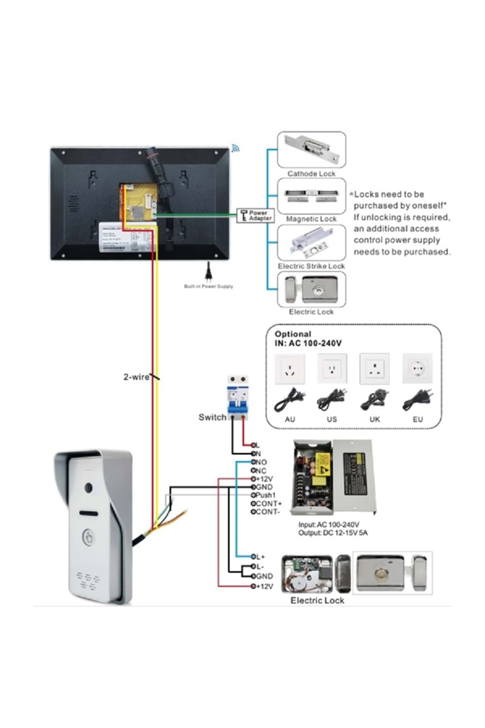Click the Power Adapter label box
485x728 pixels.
click(x=256, y=215)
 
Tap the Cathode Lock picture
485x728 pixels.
click(x=311, y=149)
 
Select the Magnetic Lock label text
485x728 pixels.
click(x=311, y=219)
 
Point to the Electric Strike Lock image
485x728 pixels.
click(x=311, y=243)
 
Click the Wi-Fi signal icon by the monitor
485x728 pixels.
click(x=236, y=148)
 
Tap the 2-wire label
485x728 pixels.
click(x=136, y=377)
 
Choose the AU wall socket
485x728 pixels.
click(x=290, y=369)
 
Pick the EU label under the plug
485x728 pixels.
click(x=418, y=419)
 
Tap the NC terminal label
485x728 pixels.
click(x=261, y=471)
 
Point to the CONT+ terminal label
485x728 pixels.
click(x=268, y=504)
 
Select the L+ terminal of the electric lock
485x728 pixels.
click(x=260, y=557)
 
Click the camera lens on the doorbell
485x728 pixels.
click(x=89, y=488)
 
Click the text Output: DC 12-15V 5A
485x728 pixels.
click(x=333, y=533)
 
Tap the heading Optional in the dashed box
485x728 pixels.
click(x=292, y=334)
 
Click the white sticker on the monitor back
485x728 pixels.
click(x=127, y=238)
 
